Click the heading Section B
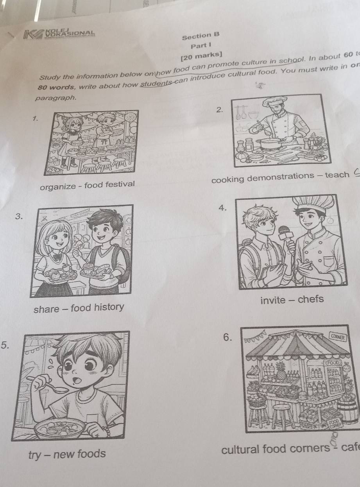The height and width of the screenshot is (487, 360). coord(201,36)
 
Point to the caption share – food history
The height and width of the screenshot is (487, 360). coord(78,308)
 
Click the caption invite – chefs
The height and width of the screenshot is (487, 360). coord(292,299)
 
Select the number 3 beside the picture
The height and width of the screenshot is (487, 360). coord(16,215)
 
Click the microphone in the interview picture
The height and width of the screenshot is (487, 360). coord(285,233)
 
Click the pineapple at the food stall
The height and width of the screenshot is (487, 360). coord(281,371)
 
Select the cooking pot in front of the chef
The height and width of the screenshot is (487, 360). coord(269,143)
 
